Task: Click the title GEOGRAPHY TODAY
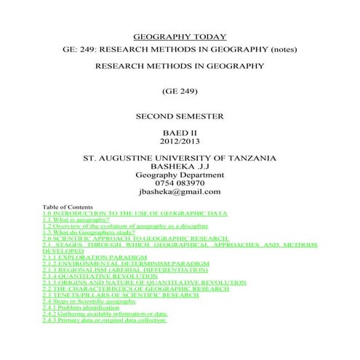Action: pyautogui.click(x=180, y=37)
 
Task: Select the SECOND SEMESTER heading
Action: pyautogui.click(x=180, y=116)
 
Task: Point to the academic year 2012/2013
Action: pyautogui.click(x=180, y=142)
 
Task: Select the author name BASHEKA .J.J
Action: pyautogui.click(x=179, y=167)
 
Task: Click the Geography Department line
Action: pyautogui.click(x=179, y=175)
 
